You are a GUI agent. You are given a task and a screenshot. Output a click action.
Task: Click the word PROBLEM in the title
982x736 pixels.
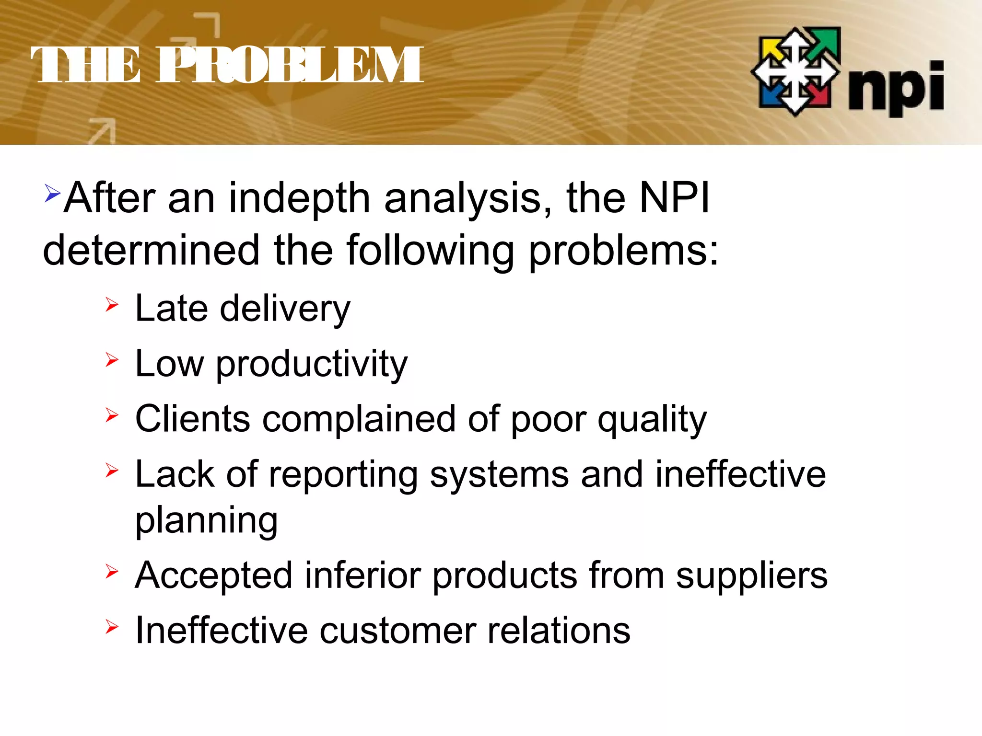(x=290, y=65)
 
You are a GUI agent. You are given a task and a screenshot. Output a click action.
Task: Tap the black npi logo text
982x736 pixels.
(x=896, y=89)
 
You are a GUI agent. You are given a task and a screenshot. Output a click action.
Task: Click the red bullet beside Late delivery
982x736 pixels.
(x=112, y=305)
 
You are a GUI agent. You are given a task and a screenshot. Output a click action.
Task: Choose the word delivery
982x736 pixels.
(x=285, y=309)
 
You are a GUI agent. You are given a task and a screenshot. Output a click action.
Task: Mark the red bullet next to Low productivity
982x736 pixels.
(x=112, y=360)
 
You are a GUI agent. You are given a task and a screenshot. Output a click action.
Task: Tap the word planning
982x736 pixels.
(x=207, y=521)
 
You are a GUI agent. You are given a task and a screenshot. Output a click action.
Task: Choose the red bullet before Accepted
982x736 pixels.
(x=112, y=571)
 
